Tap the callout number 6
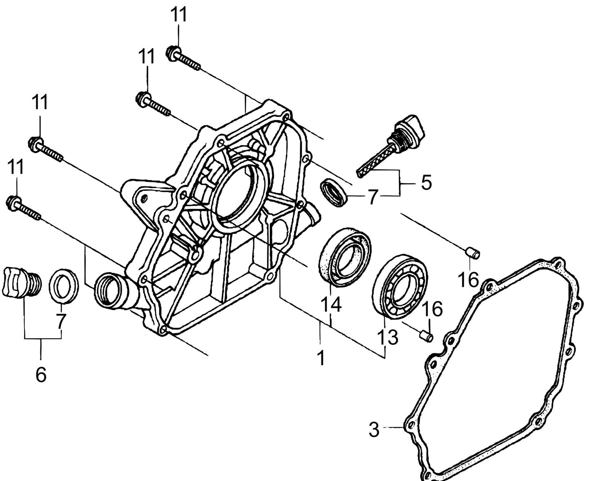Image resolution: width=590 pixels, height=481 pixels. pos(41,374)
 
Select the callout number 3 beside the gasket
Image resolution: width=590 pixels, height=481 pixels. pos(374,430)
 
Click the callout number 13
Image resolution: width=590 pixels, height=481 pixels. pos(387,337)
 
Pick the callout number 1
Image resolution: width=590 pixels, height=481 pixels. pos(321,358)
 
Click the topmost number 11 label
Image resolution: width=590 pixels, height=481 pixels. pos(178,15)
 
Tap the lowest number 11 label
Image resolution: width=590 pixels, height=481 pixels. pos(16,167)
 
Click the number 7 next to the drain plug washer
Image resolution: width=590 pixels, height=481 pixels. pos(60,321)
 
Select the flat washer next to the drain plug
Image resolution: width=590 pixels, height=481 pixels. pos(64,286)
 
